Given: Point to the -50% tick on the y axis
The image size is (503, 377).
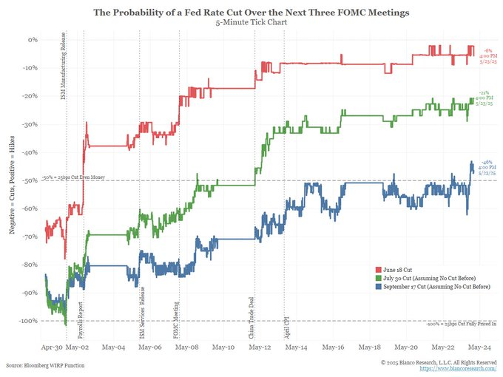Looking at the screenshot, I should pyautogui.click(x=30, y=179).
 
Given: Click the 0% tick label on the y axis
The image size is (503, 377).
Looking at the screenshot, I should pyautogui.click(x=33, y=38).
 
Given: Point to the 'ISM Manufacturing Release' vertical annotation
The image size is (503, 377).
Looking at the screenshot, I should pyautogui.click(x=62, y=71).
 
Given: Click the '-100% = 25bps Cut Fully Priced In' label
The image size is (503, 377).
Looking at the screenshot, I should pyautogui.click(x=453, y=323).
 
